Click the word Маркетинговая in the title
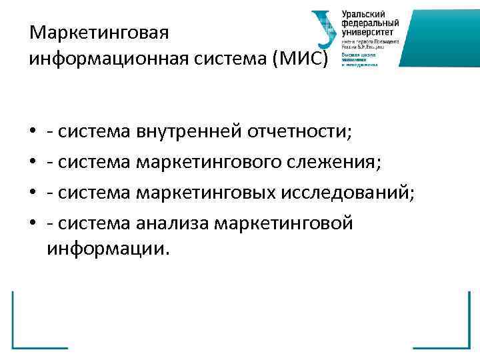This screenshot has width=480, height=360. [101, 32]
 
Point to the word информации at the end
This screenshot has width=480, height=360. [108, 249]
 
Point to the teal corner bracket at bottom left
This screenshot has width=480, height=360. [27, 333]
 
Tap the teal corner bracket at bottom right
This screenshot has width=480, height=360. [453, 333]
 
